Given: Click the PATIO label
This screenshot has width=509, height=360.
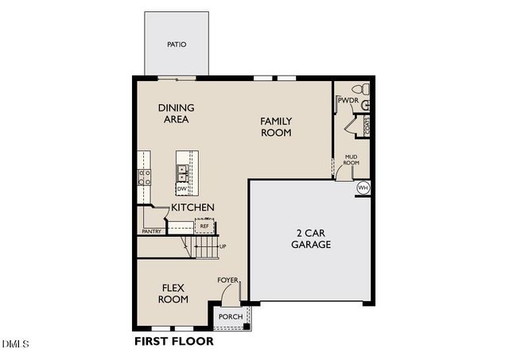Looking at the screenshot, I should click(x=177, y=45).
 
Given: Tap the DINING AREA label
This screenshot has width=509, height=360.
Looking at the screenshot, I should click(x=176, y=114).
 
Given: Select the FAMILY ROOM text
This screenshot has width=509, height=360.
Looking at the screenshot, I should click(x=276, y=127).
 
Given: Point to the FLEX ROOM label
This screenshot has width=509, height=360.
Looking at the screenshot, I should click(x=173, y=293).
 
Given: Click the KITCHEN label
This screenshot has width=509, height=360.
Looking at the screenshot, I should click(x=192, y=207).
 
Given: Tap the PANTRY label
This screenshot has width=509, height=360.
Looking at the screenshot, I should click(x=151, y=232).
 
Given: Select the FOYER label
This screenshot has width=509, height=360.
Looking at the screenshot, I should click(x=227, y=281).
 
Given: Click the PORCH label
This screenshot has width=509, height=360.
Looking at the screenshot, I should click(x=231, y=317).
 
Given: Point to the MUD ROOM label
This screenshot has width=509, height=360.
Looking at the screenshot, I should click(x=351, y=160).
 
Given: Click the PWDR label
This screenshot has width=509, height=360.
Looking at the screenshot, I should click(x=347, y=101).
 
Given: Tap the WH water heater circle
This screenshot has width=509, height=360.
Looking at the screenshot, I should click(x=363, y=188).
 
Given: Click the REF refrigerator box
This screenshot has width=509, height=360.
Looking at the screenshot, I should click(x=204, y=226).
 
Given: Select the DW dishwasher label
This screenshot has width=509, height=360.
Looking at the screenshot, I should click(x=181, y=188).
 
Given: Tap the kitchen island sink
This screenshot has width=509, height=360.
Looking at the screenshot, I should click(x=182, y=169).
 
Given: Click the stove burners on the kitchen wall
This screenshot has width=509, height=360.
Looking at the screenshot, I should click(x=145, y=176).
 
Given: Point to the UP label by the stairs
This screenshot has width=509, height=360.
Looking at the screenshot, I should click(x=222, y=246).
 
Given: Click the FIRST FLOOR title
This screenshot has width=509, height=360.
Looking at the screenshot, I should click(x=173, y=342).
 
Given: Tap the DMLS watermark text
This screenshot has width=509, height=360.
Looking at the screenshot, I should click(x=16, y=344).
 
